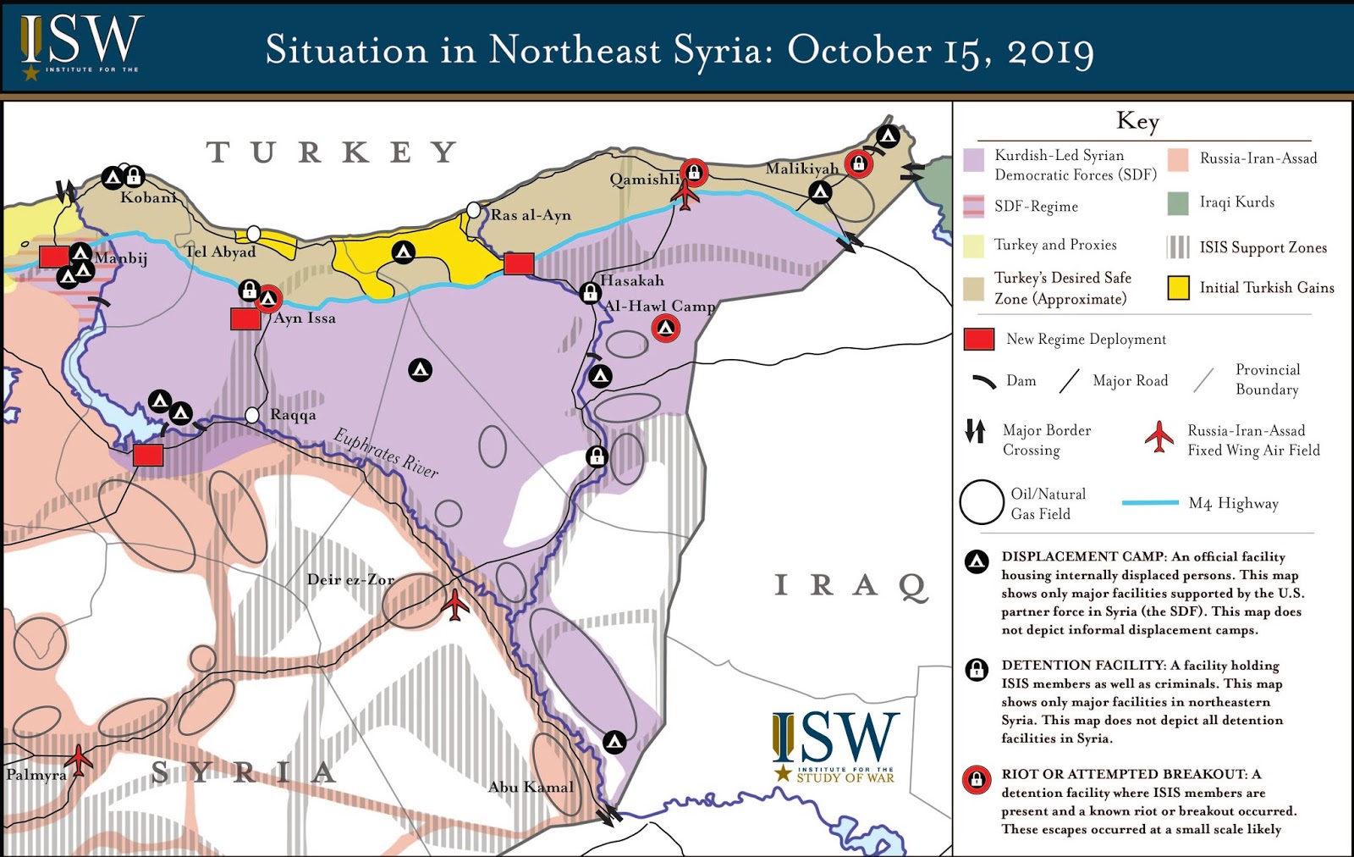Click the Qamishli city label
point(644,180)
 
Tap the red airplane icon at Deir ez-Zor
point(455,605)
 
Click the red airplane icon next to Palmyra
point(79,760)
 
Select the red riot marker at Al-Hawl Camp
point(666,328)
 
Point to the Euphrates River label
point(387,452)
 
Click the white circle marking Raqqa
point(252,415)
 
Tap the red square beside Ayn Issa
point(245,319)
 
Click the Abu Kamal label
point(531,787)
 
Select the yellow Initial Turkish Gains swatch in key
point(1178,288)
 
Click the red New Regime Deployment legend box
point(979,340)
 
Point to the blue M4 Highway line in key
point(1150,503)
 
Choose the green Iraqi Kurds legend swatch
point(1178,203)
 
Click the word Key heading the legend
point(1137,121)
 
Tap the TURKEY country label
point(332,152)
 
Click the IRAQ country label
point(851,585)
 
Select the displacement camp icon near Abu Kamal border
point(614,743)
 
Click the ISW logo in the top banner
point(81,47)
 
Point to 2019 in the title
point(1050,51)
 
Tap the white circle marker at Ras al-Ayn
point(474,210)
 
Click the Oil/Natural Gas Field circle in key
point(982,502)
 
